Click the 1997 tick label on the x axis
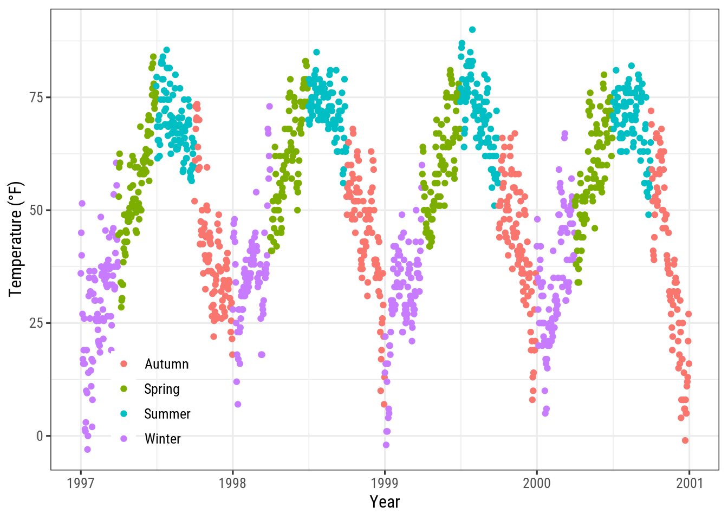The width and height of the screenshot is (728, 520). tap(81, 483)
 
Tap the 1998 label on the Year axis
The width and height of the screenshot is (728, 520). tap(232, 483)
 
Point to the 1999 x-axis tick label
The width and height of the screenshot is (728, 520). tap(385, 483)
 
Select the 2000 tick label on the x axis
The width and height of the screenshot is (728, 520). tap(537, 483)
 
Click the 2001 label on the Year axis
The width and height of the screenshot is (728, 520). tap(689, 483)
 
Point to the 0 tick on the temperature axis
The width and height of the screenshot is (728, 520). tap(40, 436)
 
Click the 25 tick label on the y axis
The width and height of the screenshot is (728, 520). tap(36, 323)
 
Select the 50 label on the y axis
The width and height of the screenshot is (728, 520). tap(36, 210)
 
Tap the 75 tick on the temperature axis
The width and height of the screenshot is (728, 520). tap(36, 97)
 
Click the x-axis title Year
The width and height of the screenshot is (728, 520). tap(385, 502)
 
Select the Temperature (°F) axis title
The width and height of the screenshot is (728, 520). tap(16, 239)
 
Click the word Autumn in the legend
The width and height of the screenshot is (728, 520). tap(166, 364)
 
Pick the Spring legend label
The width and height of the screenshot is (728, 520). tap(161, 389)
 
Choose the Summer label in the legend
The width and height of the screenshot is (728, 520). tap(167, 414)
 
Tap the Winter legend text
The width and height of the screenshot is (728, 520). tap(162, 439)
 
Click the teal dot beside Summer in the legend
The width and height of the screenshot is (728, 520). tap(123, 414)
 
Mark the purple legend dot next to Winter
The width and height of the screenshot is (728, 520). tap(123, 439)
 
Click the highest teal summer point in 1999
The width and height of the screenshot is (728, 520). tap(472, 30)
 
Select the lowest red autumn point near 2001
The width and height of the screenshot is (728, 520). tap(685, 440)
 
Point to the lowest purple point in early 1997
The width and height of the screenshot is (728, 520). tap(87, 450)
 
